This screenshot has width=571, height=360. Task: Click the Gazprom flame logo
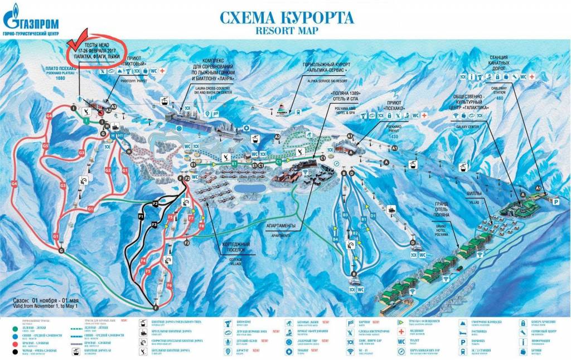pyautogui.click(x=12, y=18)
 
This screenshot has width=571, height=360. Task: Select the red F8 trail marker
pyautogui.click(x=202, y=226)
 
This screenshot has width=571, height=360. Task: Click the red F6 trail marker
pyautogui.click(x=169, y=285)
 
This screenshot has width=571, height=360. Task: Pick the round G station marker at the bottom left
pyautogui.click(x=61, y=251)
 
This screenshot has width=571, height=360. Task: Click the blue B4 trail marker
pyautogui.click(x=336, y=239)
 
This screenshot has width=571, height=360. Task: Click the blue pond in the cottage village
pyautogui.click(x=245, y=189)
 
